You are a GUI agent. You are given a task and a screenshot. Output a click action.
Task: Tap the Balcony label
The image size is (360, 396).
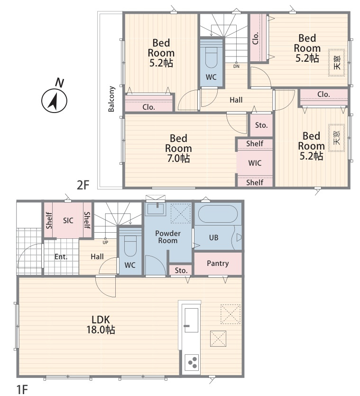pos(111,99)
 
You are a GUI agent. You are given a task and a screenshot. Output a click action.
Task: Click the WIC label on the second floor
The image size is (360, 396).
pos(255,163)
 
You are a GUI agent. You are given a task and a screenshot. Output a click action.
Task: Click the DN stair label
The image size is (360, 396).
pos(236,66)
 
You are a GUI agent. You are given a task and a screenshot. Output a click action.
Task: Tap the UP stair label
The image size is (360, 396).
pos(105,243)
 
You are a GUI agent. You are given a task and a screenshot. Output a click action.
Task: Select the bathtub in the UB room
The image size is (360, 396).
pos(218,213)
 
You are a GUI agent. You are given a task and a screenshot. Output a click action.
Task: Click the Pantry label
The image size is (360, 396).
pos(218,264)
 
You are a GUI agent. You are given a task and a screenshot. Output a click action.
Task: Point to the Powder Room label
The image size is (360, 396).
pos(168,237)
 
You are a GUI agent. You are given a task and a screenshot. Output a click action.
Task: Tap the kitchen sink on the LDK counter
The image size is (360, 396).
pos(191,320)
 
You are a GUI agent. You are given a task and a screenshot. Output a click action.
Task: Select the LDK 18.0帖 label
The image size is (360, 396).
pos(101,325)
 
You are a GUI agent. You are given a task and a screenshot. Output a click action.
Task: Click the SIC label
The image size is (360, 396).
pos(68,220)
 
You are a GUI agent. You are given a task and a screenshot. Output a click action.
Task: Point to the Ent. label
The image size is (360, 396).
pos(61,257)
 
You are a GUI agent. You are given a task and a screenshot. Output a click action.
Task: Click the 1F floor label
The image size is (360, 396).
pos(22,389)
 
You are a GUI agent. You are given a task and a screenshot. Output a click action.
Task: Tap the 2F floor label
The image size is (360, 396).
pos(83,185)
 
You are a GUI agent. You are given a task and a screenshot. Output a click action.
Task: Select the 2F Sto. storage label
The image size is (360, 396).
pos(261,125)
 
